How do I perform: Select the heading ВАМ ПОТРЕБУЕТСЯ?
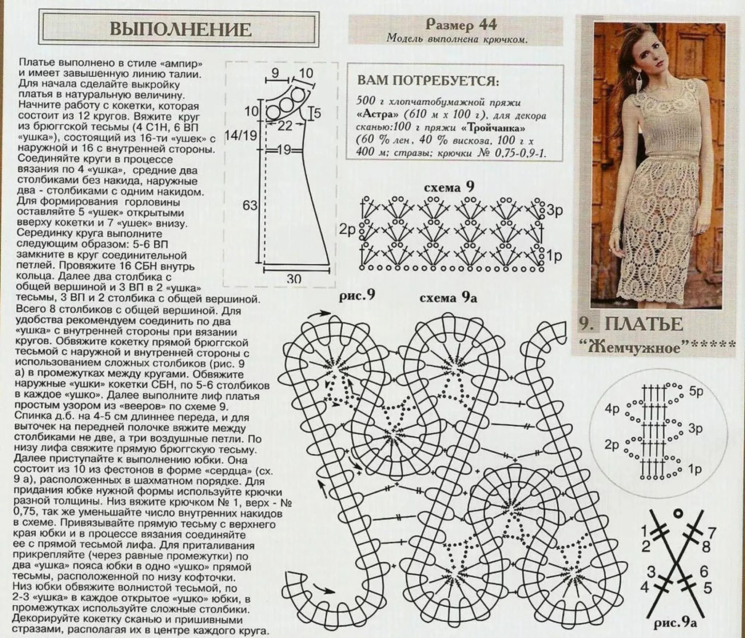tap(429, 81)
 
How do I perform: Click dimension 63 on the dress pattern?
tap(250, 206)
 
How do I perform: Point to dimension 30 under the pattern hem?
tap(294, 279)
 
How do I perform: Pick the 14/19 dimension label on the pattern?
tap(240, 136)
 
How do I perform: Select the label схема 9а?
tap(448, 298)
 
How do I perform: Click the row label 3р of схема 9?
tap(555, 210)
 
